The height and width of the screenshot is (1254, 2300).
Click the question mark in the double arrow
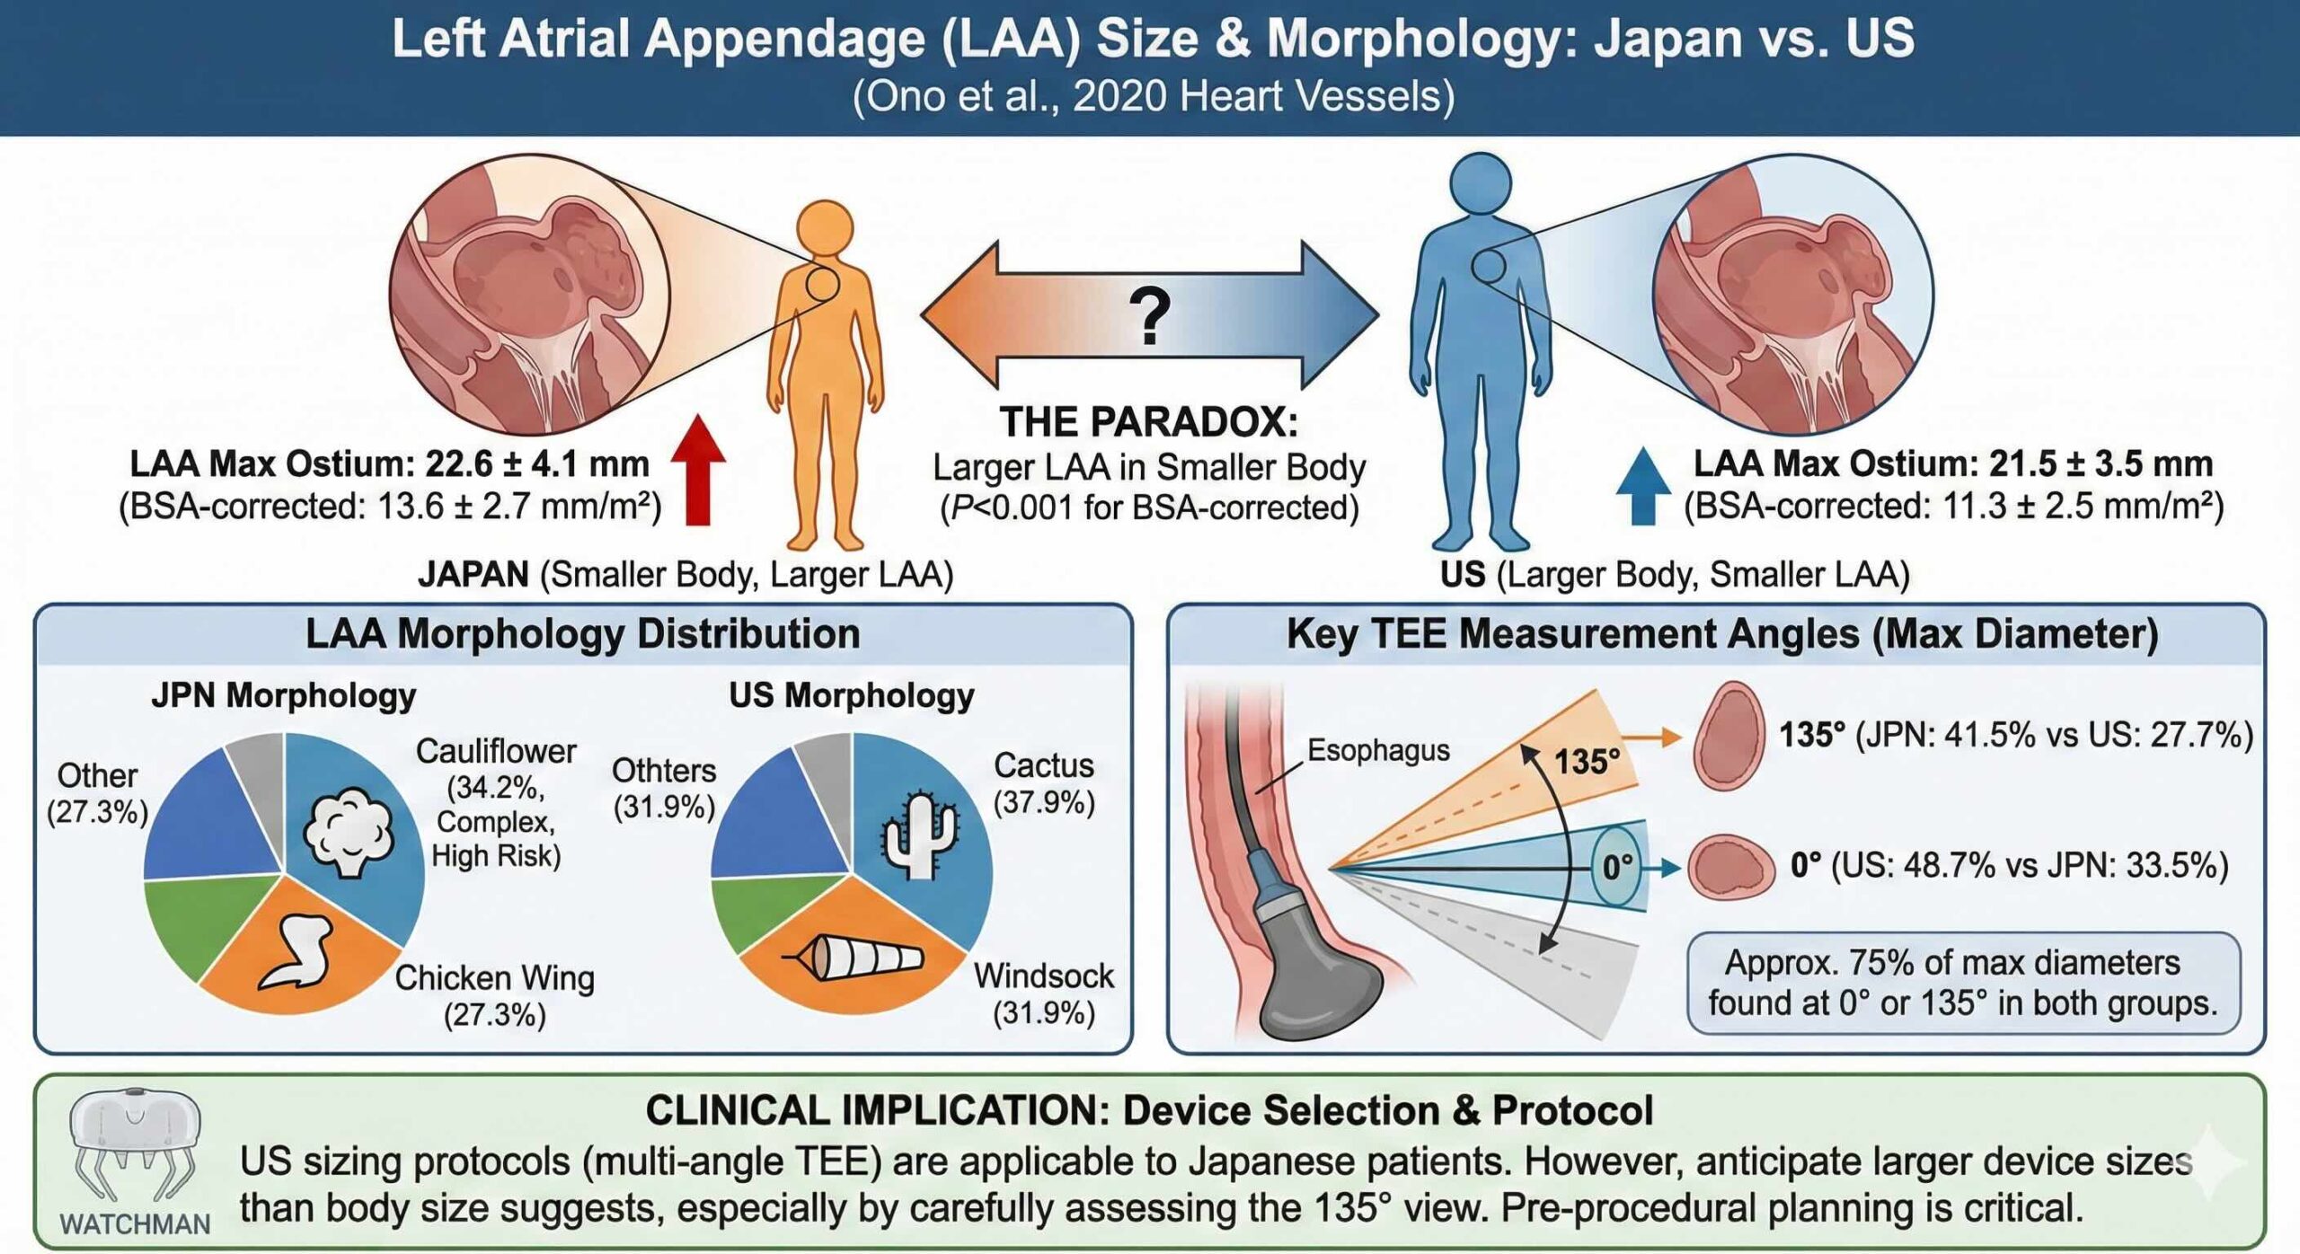[x=1150, y=315]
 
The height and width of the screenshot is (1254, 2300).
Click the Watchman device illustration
[x=135, y=1145]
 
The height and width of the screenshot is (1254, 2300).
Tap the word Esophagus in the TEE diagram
[x=1377, y=750]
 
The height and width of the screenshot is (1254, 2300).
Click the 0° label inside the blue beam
[x=1618, y=867]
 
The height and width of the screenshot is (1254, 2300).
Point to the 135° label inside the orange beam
[x=1587, y=762]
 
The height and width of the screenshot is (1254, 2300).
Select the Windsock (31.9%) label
[x=1044, y=993]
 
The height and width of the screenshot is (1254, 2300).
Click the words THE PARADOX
[x=1149, y=422]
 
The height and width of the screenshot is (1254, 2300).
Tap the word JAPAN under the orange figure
[x=473, y=574]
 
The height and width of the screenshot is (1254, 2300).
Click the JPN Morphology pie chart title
[x=284, y=695]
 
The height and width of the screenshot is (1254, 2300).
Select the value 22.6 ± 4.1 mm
[x=536, y=464]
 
